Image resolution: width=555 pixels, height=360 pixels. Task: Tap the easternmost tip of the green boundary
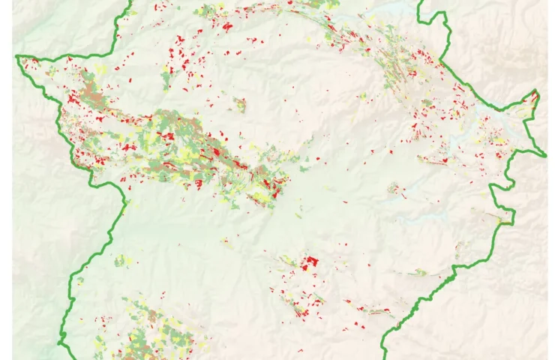coord(546,156)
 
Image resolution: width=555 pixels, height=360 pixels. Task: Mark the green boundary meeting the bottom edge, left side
coord(60,358)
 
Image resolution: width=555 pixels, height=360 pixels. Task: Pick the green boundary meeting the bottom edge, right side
coord(384,358)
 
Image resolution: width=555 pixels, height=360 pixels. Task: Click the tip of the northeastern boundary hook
coord(536,91)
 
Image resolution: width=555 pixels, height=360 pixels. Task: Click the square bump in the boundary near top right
coord(424,16)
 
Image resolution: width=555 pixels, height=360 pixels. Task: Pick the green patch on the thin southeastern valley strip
coord(420,272)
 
